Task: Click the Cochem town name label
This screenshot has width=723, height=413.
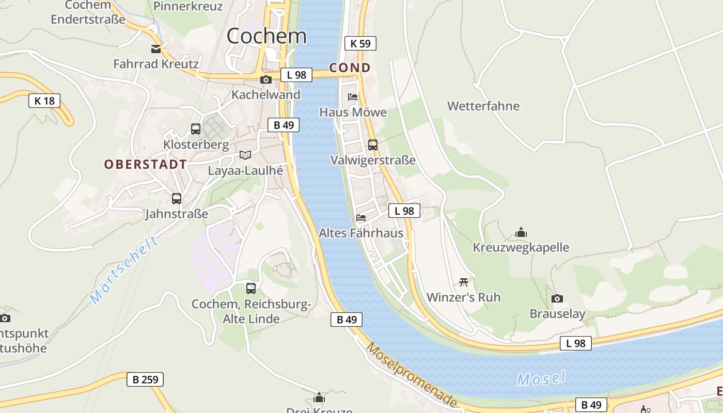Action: click(266, 36)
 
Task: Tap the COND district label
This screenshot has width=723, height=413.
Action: click(350, 68)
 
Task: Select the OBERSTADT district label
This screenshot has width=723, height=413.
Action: click(146, 165)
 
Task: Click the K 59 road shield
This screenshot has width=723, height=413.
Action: click(360, 43)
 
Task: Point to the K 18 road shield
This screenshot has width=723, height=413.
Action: click(44, 101)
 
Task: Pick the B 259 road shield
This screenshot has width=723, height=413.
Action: click(145, 379)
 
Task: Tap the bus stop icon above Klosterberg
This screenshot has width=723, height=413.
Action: click(196, 129)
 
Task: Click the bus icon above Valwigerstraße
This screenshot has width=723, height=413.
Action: click(373, 145)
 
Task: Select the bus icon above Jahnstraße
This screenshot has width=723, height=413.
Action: click(177, 199)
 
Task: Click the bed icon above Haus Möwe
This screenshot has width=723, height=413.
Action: click(353, 97)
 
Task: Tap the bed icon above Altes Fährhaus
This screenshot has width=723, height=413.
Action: click(361, 218)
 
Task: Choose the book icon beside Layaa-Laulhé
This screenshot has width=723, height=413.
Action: click(245, 155)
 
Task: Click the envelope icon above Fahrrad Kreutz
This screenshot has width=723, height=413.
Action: click(156, 49)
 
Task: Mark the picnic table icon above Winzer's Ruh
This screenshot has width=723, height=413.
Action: click(464, 282)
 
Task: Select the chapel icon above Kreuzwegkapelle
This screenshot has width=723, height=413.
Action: click(521, 233)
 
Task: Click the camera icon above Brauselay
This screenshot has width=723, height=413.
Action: click(557, 298)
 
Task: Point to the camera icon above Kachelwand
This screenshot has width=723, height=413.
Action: click(266, 80)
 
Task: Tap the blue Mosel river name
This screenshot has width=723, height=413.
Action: click(542, 378)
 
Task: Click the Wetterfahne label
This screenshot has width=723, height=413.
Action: click(483, 106)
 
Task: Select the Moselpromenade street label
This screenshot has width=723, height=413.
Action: click(412, 375)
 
